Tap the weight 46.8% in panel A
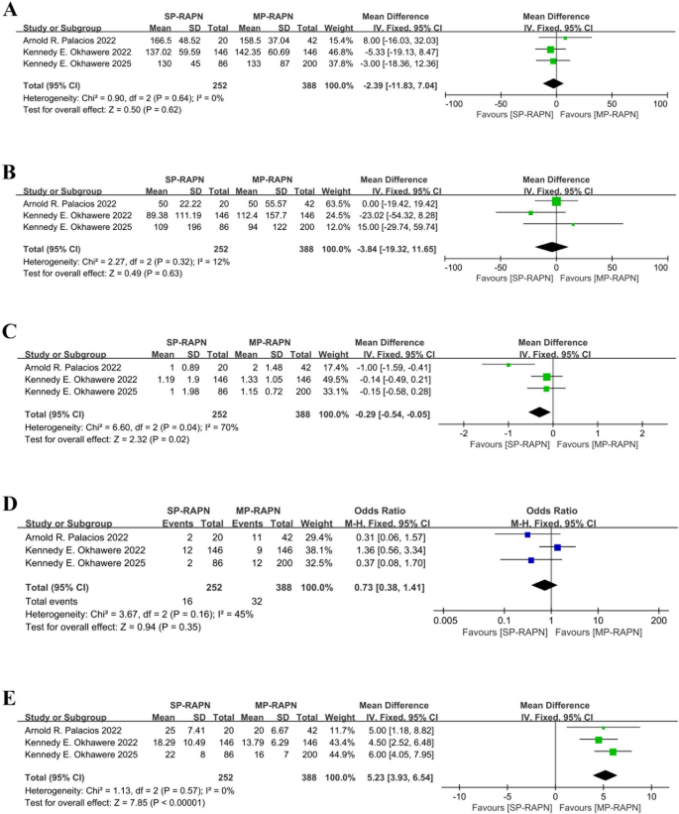pos(327,49)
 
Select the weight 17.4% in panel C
pos(327,365)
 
